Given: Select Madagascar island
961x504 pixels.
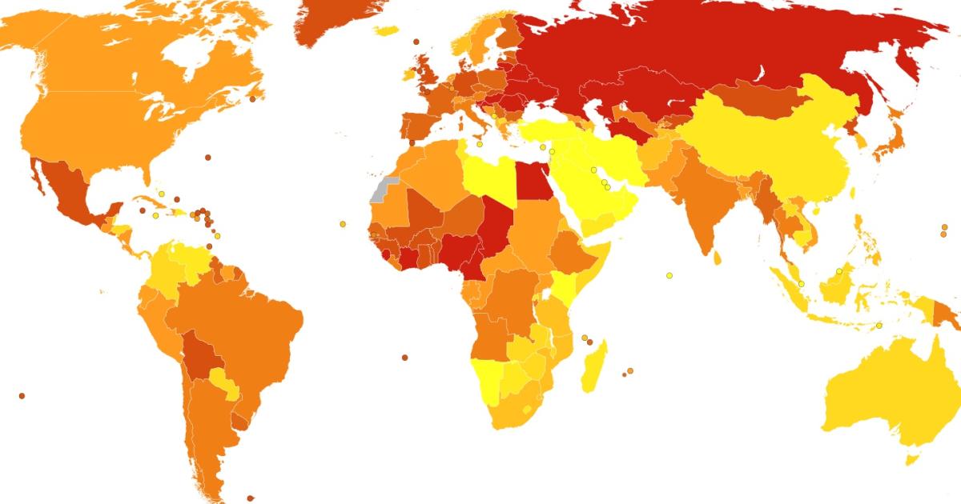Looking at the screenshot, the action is [x=593, y=368].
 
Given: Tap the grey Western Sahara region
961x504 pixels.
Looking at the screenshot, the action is [x=381, y=190].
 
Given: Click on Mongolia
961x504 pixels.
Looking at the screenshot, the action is [x=753, y=104].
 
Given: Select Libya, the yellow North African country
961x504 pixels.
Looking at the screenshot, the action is [x=488, y=175].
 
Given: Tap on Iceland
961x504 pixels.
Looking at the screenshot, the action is [x=386, y=30].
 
